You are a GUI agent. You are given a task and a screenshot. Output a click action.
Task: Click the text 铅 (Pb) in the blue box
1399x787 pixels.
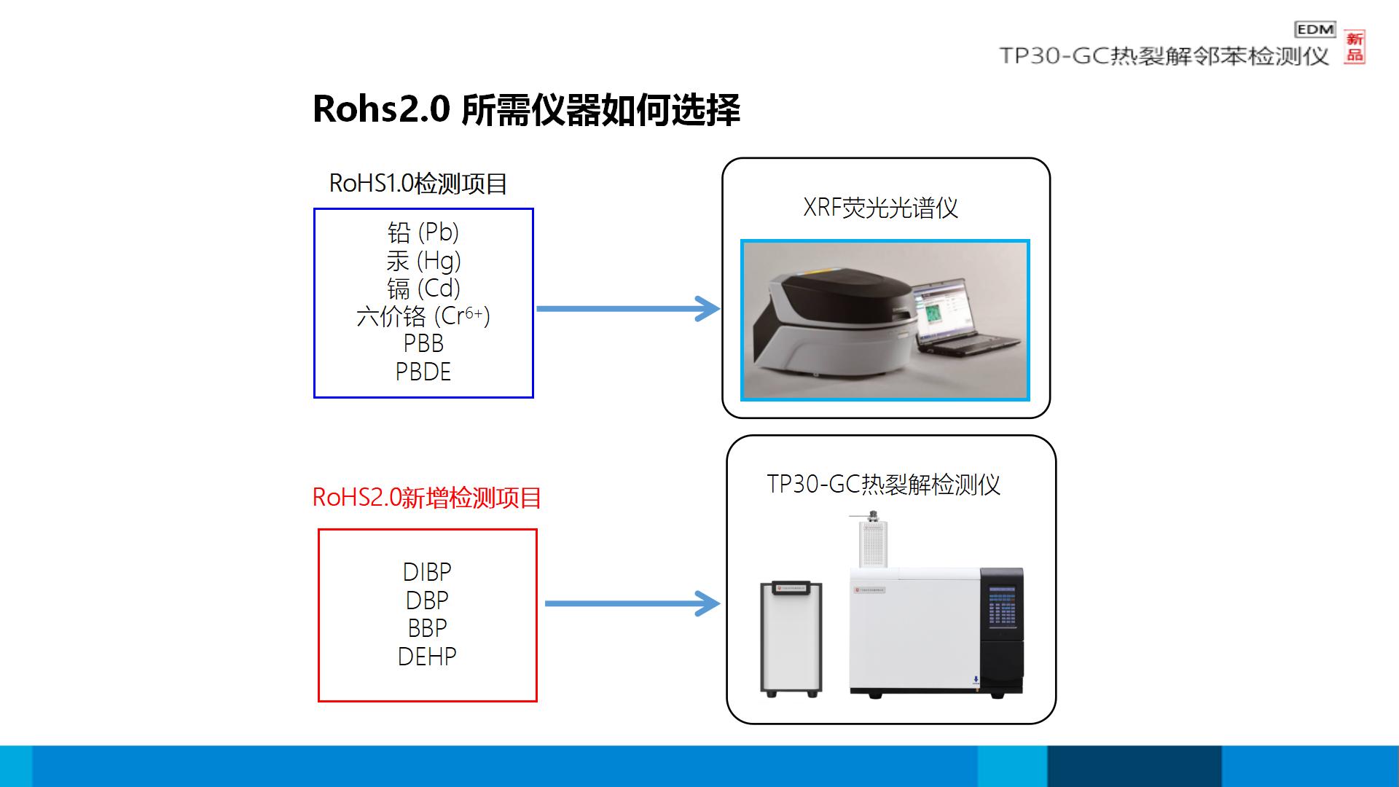(x=423, y=232)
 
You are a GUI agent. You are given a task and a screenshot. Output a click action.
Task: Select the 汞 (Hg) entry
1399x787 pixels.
(x=423, y=260)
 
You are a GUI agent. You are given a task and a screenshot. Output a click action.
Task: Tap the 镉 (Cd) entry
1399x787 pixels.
(x=423, y=288)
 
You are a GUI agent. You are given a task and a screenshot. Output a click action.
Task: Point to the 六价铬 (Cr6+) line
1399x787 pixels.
(x=423, y=316)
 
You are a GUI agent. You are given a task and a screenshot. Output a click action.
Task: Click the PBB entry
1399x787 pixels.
(x=423, y=343)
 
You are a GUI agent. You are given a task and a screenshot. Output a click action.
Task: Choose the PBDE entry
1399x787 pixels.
(x=423, y=372)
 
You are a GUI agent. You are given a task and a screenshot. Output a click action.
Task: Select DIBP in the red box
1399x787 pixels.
(x=427, y=572)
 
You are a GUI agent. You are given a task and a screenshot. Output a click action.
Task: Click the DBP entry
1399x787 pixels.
(x=427, y=600)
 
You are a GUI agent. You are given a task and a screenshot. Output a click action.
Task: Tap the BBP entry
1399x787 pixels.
(x=427, y=627)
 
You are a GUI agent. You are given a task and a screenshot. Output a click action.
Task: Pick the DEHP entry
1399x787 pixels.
(x=427, y=656)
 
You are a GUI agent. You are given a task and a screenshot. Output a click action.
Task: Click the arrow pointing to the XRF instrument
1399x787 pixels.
(x=627, y=308)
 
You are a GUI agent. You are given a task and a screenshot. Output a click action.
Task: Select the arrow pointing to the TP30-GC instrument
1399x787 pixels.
(x=632, y=603)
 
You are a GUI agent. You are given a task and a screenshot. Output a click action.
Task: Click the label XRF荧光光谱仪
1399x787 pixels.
(x=880, y=208)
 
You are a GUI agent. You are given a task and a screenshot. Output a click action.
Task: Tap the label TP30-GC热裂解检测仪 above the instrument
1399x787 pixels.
(x=883, y=485)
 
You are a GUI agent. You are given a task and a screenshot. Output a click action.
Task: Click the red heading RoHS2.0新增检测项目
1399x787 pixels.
(x=426, y=498)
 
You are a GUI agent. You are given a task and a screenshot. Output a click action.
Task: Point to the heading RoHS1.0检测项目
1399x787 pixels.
(x=418, y=183)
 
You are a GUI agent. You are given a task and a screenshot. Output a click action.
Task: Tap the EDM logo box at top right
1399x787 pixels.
(x=1314, y=29)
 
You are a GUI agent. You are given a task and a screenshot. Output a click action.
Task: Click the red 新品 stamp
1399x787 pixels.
(x=1355, y=47)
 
